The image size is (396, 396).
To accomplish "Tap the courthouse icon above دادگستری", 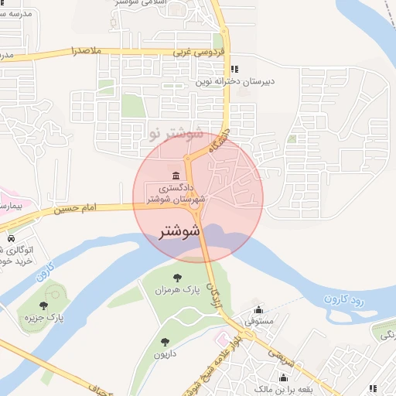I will [177, 173].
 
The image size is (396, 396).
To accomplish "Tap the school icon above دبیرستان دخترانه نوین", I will [244, 70].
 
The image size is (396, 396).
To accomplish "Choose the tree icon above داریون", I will [164, 341].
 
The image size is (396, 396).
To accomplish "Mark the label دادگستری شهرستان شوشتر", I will [179, 193].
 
